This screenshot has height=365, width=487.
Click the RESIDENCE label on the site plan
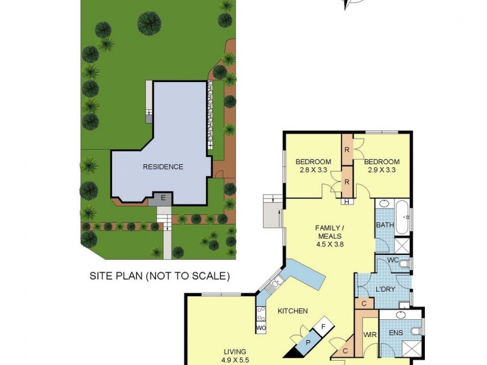(163, 167)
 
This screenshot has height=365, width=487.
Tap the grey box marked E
(163, 198)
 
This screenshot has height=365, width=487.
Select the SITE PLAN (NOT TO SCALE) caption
(159, 276)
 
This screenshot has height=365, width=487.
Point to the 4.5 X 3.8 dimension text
(329, 245)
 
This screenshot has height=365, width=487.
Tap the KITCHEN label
(292, 311)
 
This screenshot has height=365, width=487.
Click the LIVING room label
(234, 352)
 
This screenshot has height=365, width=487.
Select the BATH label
(385, 225)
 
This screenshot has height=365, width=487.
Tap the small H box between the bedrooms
(346, 202)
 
